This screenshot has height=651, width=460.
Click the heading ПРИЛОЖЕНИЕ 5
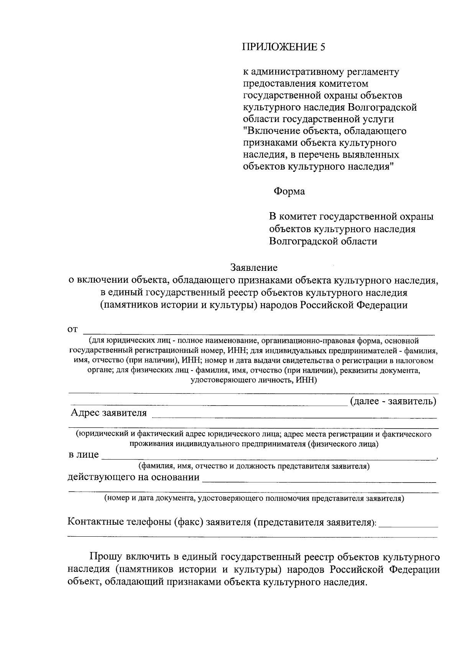[284, 47]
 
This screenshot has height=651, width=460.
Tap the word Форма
[289, 191]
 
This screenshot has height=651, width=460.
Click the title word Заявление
[254, 267]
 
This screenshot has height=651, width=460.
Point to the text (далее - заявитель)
[393, 402]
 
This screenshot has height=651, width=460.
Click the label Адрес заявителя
[108, 413]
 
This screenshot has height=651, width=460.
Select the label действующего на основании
[133, 478]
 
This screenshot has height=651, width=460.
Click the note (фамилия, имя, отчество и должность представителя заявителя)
[254, 466]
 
